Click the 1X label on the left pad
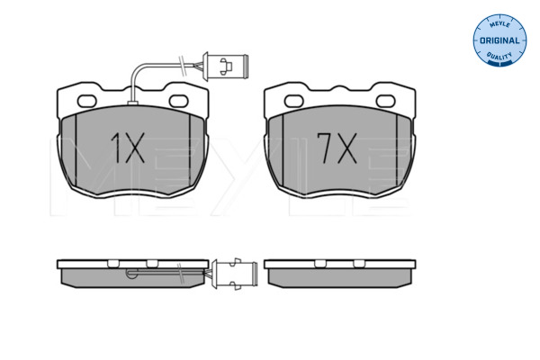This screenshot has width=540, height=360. click(x=128, y=148)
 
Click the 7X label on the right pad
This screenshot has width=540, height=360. click(x=337, y=148)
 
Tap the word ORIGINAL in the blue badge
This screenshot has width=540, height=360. click(x=499, y=40)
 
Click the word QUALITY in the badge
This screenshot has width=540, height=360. click(x=499, y=56)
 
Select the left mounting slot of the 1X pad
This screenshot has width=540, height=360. click(x=86, y=102)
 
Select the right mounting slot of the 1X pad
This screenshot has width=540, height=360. click(x=179, y=102)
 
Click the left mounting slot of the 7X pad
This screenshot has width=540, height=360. click(x=293, y=102)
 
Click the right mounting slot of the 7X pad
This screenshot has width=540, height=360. click(x=386, y=102)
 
